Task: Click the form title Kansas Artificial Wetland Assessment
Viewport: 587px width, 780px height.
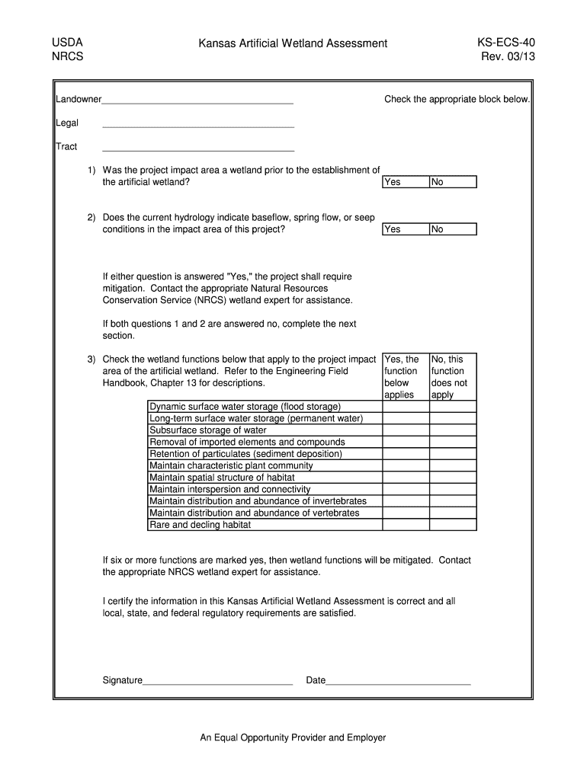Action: point(293,44)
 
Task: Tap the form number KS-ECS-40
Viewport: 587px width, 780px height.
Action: point(501,43)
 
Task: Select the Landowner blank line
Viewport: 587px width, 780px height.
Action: point(197,101)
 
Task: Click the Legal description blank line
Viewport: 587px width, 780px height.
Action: point(197,124)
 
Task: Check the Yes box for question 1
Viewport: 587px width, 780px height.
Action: point(405,182)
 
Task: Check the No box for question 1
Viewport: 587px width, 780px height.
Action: point(453,182)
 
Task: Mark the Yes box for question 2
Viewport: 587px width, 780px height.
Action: point(405,229)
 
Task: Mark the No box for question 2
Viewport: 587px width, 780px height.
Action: point(453,229)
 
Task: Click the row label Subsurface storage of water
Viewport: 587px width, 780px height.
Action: point(208,430)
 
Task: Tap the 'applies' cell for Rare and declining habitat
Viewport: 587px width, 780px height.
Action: point(405,525)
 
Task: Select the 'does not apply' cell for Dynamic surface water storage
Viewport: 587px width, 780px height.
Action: point(453,407)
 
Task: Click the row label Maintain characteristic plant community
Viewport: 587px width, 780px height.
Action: point(231,465)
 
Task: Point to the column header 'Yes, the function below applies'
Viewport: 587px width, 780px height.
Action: point(405,376)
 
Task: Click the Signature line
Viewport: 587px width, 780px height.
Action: point(218,681)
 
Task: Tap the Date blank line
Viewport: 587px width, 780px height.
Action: point(398,681)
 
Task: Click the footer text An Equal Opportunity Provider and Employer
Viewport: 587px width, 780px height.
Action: point(293,737)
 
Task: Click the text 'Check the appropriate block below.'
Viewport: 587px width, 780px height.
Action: point(456,100)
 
